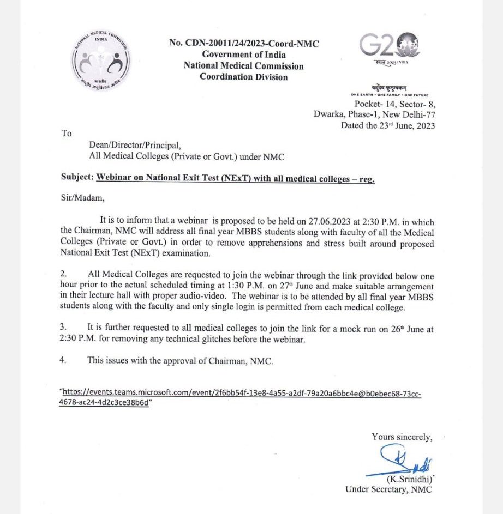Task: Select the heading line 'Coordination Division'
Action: click(x=244, y=77)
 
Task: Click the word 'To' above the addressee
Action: click(x=66, y=133)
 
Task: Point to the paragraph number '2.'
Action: click(x=64, y=276)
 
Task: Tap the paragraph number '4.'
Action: click(x=64, y=360)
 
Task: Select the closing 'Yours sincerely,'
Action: click(x=402, y=437)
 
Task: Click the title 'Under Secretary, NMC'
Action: click(x=388, y=489)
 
